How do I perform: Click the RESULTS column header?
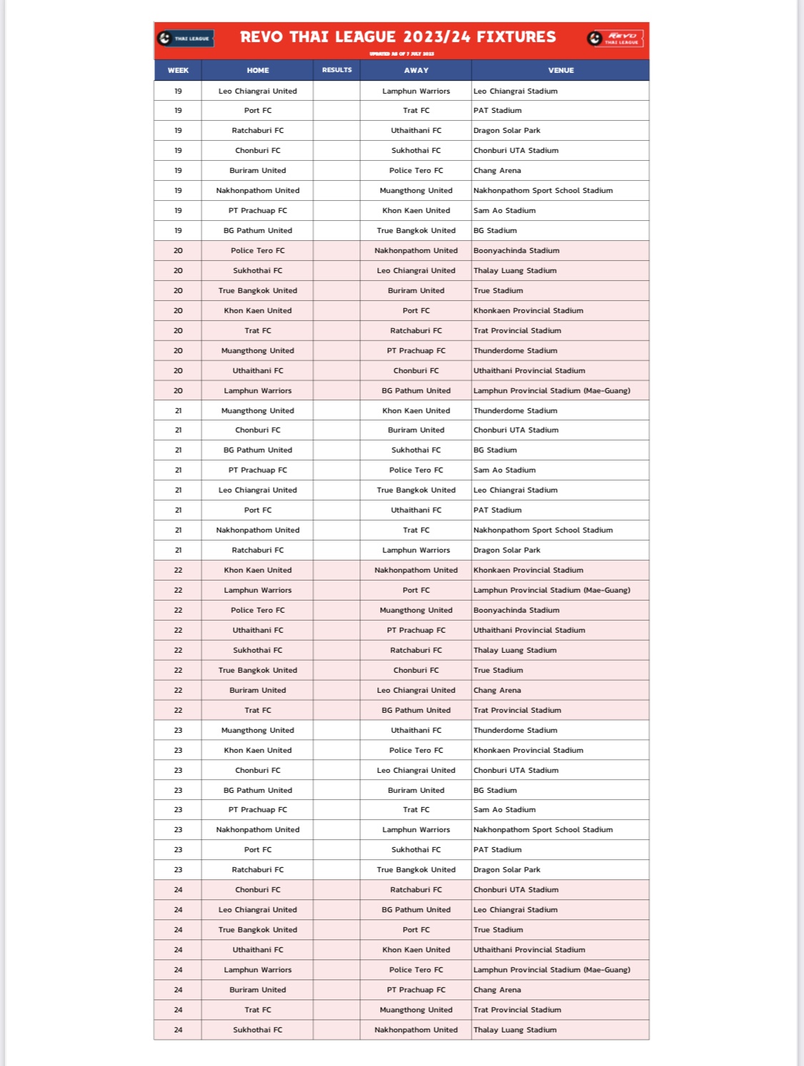click(337, 70)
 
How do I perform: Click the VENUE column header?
click(560, 70)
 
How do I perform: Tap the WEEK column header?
click(178, 70)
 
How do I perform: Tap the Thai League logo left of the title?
click(185, 39)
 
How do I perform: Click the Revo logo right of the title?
click(615, 39)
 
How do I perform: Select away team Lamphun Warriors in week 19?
click(416, 91)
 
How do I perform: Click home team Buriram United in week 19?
click(257, 170)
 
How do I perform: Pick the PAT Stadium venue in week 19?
click(497, 110)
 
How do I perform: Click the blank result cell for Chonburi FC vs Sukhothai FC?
click(337, 150)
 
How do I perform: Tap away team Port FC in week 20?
click(416, 310)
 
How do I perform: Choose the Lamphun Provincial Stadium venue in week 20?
click(552, 390)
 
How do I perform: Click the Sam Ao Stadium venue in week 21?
click(505, 470)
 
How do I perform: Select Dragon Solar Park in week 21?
click(507, 550)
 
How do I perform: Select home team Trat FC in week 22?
click(257, 710)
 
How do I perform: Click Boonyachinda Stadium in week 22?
click(516, 610)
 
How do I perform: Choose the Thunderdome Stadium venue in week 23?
click(515, 730)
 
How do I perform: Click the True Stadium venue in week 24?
click(498, 929)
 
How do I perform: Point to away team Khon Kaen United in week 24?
click(416, 949)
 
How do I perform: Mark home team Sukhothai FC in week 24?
click(257, 1030)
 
